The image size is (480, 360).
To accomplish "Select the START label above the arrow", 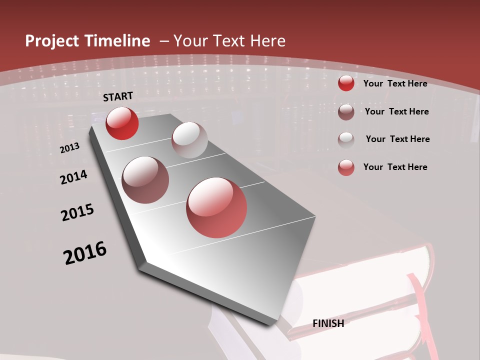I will [x=118, y=96].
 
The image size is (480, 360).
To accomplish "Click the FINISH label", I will [x=328, y=323].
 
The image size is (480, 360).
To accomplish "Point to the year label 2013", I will [x=70, y=148].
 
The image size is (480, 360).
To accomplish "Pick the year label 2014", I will [x=74, y=177].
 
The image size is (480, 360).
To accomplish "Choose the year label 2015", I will [x=77, y=212].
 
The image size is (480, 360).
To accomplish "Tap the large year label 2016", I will [x=85, y=253].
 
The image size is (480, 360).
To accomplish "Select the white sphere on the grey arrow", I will [x=189, y=140].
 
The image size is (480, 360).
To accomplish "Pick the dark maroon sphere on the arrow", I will [x=145, y=180].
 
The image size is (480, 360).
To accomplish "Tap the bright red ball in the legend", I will [x=346, y=83].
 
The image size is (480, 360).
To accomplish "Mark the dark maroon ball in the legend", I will [x=346, y=112].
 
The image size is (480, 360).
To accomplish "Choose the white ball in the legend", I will [x=346, y=139].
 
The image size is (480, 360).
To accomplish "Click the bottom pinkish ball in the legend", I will [x=346, y=167].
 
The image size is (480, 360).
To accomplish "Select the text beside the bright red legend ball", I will [x=395, y=83].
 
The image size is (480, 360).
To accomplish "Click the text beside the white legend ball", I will [x=397, y=139].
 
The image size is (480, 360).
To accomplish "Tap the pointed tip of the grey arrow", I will [x=272, y=322].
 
